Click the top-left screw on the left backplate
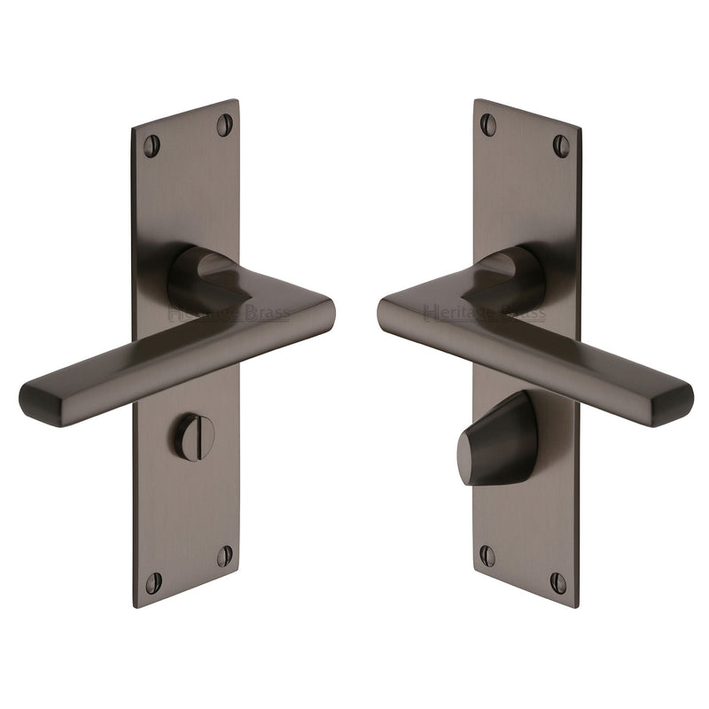[152, 145]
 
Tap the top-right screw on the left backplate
[224, 124]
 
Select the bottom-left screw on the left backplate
[153, 582]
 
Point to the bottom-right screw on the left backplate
[224, 556]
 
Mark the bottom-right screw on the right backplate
[558, 582]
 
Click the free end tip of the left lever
[35, 404]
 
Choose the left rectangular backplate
[186, 514]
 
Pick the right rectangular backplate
[526, 177]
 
